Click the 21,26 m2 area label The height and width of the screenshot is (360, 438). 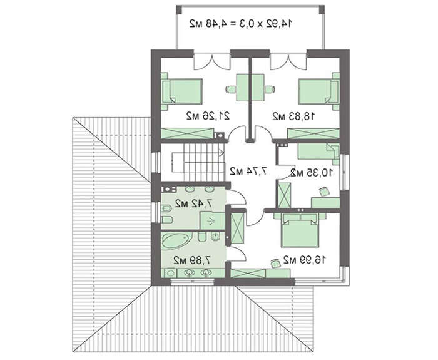click(208, 116)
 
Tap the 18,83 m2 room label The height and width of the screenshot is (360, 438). click(293, 116)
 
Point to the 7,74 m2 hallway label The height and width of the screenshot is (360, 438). click(248, 171)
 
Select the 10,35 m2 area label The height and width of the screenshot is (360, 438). click(312, 173)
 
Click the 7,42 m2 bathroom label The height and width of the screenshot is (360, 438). click(193, 203)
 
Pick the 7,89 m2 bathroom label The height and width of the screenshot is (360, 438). click(192, 260)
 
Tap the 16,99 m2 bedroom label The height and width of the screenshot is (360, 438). click(304, 260)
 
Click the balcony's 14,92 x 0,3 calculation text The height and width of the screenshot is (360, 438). click(241, 24)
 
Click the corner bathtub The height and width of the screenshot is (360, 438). click(175, 240)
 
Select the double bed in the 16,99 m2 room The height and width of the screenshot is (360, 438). click(300, 230)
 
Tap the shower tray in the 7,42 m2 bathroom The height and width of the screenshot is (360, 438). click(212, 221)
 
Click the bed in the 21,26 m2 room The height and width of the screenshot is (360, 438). click(182, 91)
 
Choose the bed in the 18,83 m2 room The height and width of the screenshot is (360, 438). click(318, 91)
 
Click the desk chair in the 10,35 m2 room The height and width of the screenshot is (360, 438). click(324, 192)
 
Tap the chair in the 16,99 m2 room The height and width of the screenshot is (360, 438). click(275, 264)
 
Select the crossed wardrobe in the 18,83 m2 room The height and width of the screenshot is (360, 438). click(313, 133)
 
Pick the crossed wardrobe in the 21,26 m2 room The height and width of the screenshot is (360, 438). click(188, 133)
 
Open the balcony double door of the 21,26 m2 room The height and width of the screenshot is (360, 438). click(212, 63)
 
